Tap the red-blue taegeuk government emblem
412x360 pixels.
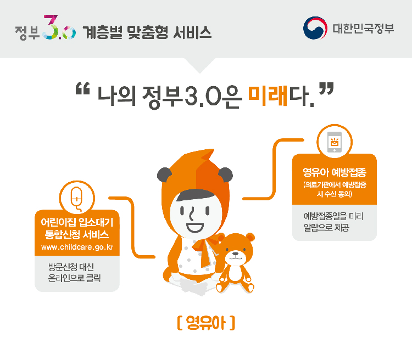coord(315,28)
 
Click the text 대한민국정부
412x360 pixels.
coord(363,29)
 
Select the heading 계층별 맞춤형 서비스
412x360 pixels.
coord(147,32)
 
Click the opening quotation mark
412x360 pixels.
coord(82,88)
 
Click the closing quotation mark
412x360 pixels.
coord(326,88)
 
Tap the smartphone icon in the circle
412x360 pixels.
coord(335,142)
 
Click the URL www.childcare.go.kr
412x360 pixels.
coord(77,247)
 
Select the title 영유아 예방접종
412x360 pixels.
coord(335,172)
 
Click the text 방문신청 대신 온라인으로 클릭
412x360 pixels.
coord(74,273)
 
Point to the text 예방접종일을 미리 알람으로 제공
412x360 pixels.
coord(333,222)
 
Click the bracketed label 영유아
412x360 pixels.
coord(206,323)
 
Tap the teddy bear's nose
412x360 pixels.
coord(236,254)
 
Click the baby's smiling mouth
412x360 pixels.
coord(195,227)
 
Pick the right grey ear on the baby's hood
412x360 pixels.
coord(226,175)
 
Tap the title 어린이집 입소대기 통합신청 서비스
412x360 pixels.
coord(77,228)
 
